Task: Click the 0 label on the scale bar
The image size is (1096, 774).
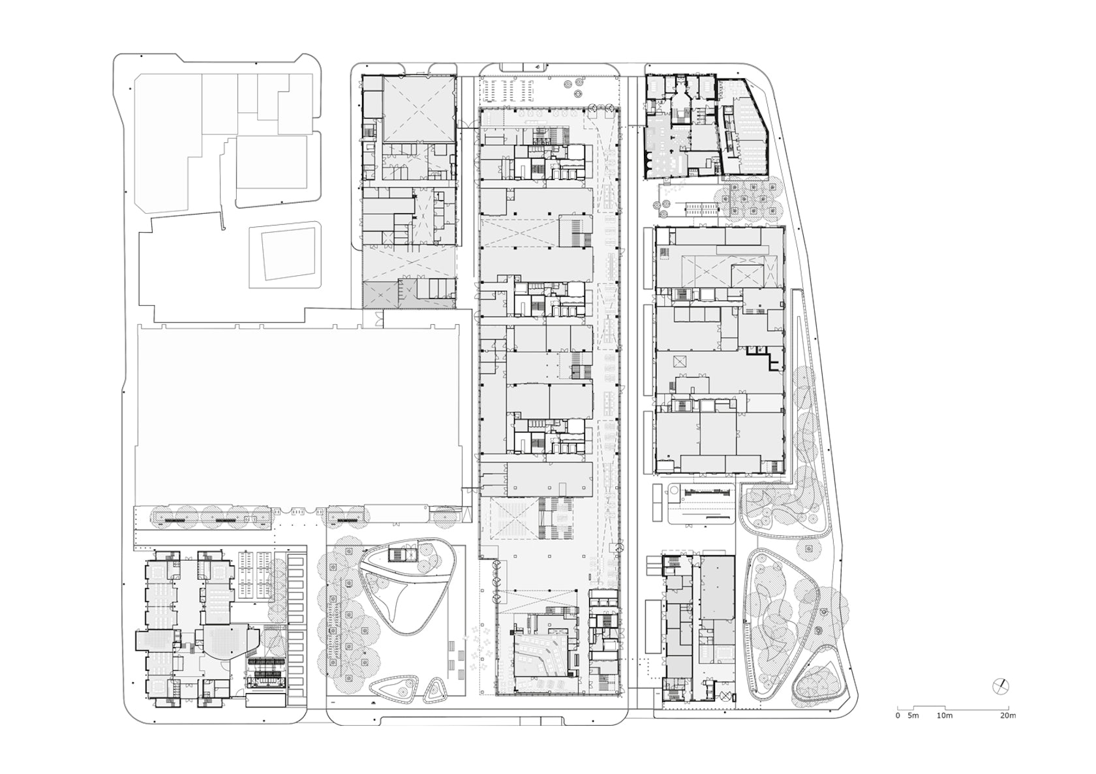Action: (898, 716)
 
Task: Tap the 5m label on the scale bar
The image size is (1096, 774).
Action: (914, 716)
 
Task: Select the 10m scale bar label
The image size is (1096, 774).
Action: (944, 716)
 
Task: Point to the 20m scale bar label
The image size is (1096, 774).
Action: (1007, 716)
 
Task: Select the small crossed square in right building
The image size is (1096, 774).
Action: (681, 363)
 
